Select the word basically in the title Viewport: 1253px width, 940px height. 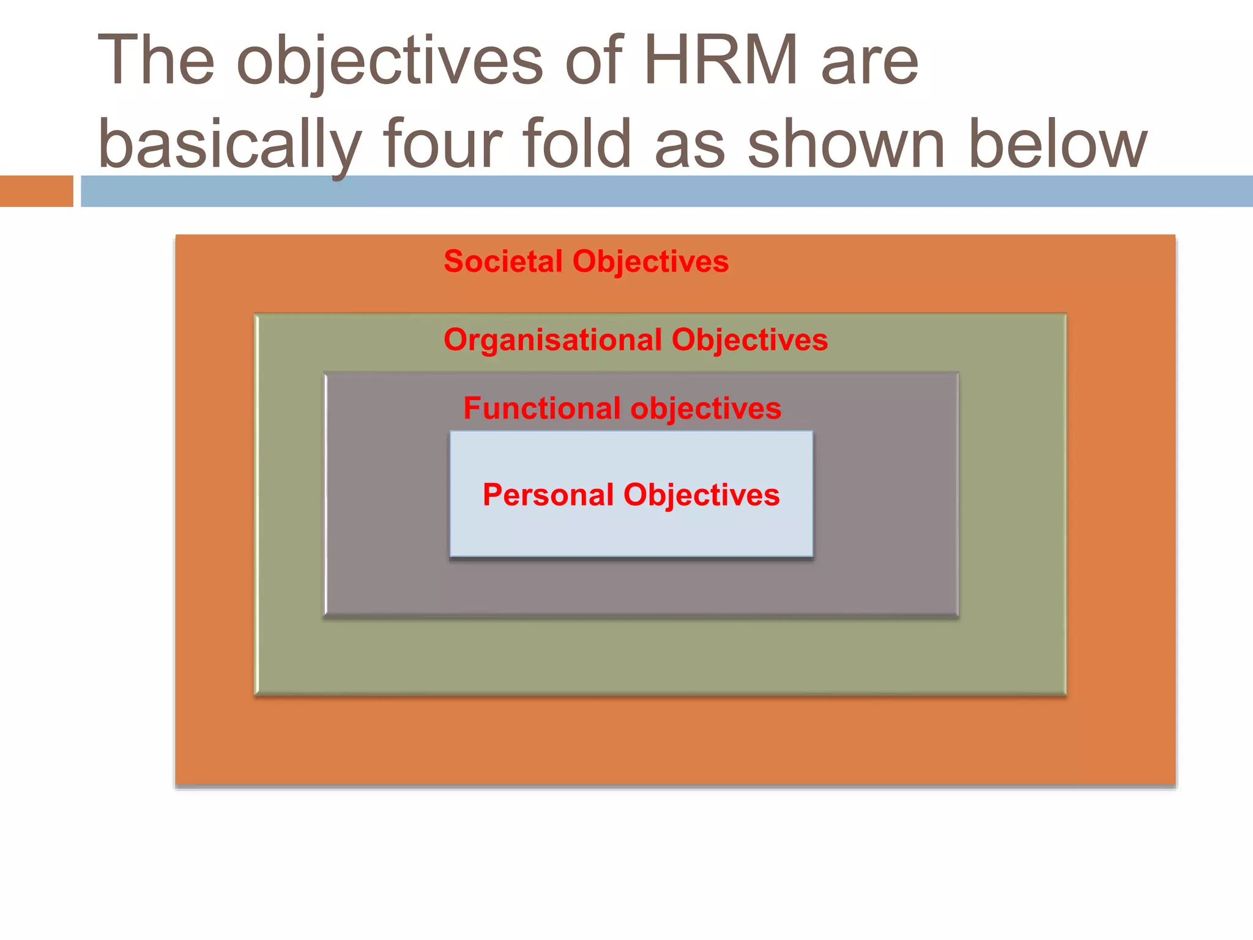(x=229, y=146)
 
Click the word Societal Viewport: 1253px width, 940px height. (x=503, y=261)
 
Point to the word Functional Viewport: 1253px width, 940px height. (x=542, y=408)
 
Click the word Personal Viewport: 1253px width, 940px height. (x=548, y=494)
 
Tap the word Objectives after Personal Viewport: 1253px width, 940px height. (x=702, y=496)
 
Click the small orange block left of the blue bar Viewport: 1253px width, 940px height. (x=36, y=191)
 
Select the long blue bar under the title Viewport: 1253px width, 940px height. (x=667, y=191)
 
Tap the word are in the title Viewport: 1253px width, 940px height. (x=869, y=61)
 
